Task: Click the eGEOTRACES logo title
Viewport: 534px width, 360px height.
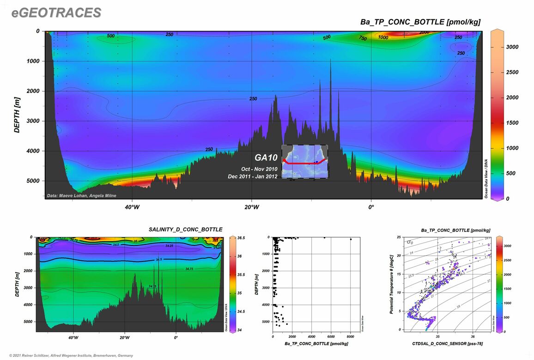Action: tap(56, 12)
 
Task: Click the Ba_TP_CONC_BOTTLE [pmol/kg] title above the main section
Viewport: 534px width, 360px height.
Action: tap(420, 22)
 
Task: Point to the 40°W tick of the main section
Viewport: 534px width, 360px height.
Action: tap(132, 207)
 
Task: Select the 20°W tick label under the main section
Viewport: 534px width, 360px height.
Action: tap(251, 207)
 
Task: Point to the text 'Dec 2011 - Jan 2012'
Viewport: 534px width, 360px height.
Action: tap(253, 177)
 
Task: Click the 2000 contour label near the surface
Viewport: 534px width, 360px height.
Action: tap(424, 32)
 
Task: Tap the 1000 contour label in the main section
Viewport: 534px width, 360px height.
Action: tap(383, 37)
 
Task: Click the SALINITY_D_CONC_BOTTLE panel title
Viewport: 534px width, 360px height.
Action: tap(185, 229)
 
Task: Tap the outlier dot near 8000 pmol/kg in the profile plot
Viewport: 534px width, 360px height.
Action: tap(351, 239)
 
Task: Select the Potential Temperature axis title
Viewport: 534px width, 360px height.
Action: tap(391, 284)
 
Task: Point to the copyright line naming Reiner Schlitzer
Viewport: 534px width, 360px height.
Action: tap(68, 355)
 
